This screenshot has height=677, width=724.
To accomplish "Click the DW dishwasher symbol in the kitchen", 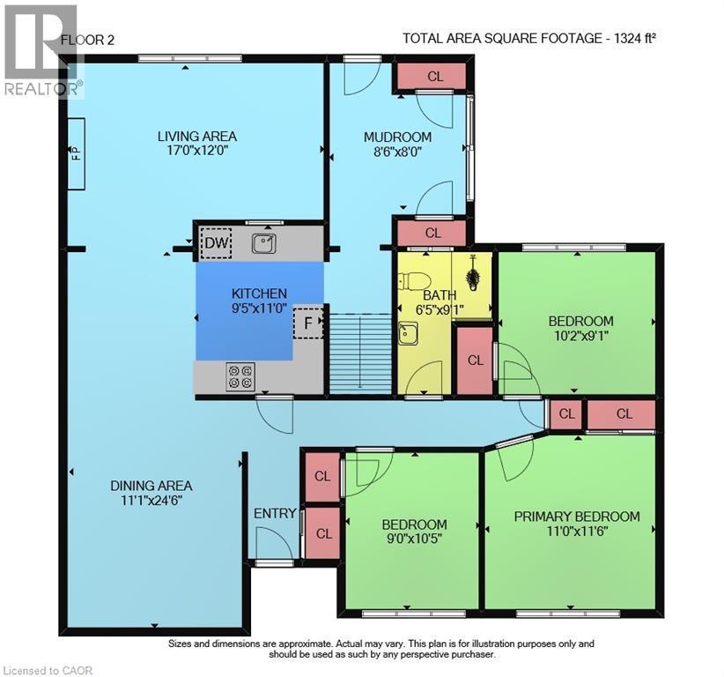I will [x=216, y=242].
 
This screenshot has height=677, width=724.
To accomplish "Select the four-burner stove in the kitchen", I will [x=241, y=376].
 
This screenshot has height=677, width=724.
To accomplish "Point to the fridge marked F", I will [x=308, y=324].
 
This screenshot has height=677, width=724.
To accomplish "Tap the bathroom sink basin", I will [x=408, y=333].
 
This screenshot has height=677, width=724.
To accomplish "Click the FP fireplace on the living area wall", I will [x=76, y=153].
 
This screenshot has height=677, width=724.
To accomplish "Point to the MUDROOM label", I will [x=398, y=137].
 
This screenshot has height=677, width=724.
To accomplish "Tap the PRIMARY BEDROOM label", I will [x=577, y=517].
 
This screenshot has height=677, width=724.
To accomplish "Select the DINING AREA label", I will [x=151, y=486].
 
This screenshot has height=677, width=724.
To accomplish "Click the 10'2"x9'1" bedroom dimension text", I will [x=580, y=336].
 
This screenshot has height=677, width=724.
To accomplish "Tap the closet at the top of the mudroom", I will [x=434, y=77].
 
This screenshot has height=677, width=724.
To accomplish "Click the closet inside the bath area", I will [x=476, y=361].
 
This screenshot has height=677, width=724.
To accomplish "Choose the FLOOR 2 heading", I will [x=87, y=39].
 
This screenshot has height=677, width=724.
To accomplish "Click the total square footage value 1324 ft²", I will [x=635, y=38].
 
